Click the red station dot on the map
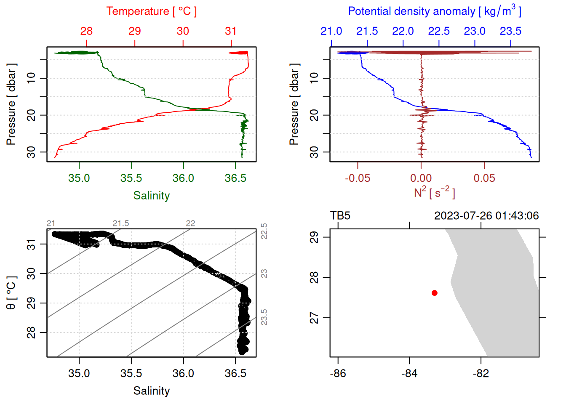[435, 293]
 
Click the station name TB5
[340, 216]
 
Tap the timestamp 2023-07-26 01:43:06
[486, 216]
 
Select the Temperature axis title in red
[152, 11]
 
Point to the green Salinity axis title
[152, 196]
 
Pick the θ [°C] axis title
[11, 293]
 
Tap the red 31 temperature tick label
[231, 31]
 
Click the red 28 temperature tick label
[86, 31]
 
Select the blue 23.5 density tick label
[510, 31]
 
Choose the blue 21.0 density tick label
[331, 31]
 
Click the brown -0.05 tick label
[358, 178]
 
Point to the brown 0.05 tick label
[484, 178]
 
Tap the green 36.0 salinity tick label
[183, 178]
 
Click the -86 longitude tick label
[338, 373]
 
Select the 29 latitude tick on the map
[314, 237]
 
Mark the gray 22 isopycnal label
[190, 223]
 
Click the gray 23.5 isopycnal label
[264, 317]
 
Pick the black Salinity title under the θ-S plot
[152, 391]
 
